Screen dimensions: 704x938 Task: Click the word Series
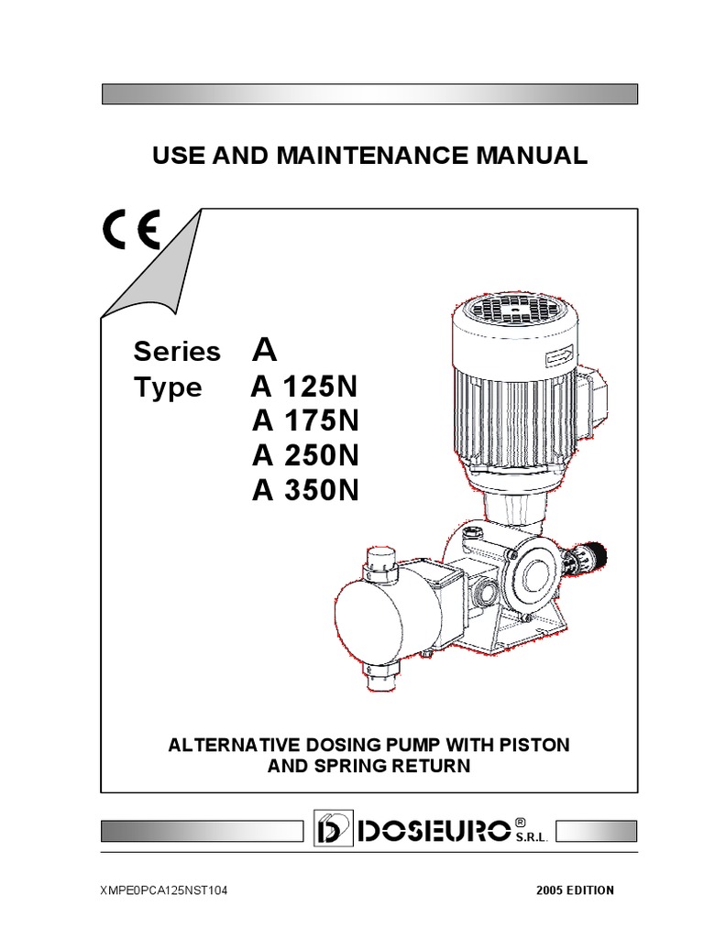177,352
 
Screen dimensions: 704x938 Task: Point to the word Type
168,387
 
